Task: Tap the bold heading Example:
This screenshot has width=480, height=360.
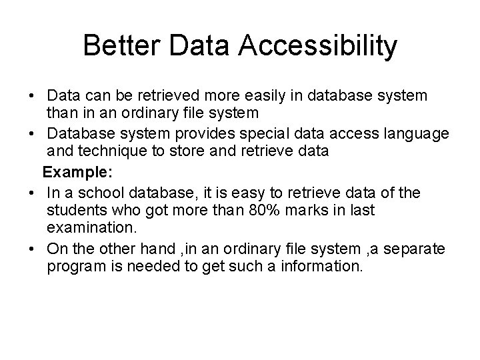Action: click(78, 172)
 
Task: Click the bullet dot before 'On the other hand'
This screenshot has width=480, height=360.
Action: click(33, 249)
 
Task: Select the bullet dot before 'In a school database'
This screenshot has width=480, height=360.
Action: click(33, 193)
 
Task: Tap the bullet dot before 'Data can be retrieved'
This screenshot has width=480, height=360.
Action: click(33, 97)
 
